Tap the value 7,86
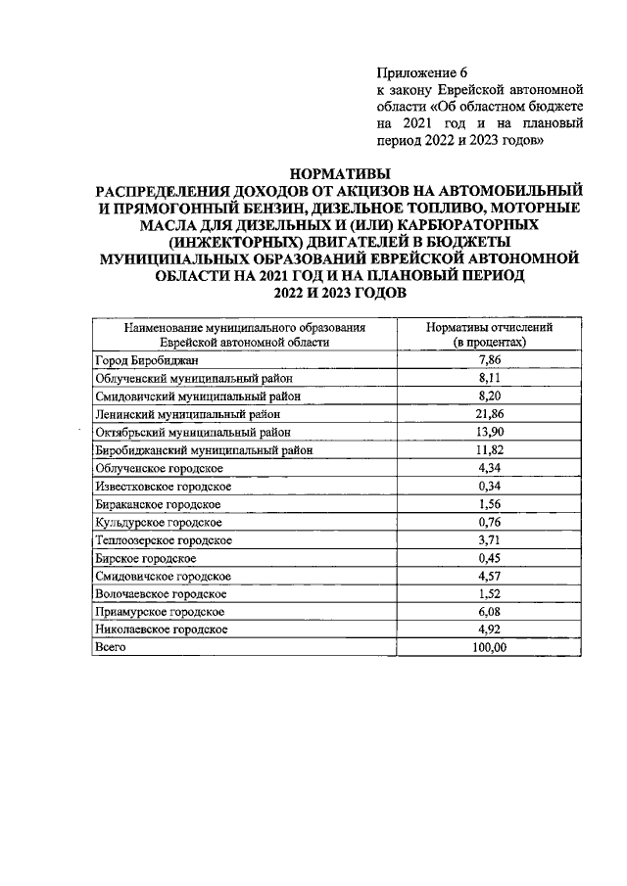point(489,360)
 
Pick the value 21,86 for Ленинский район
point(489,413)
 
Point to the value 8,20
point(489,396)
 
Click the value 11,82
point(489,449)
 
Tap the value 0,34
point(489,486)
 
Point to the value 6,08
point(489,611)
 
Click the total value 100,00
point(489,647)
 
